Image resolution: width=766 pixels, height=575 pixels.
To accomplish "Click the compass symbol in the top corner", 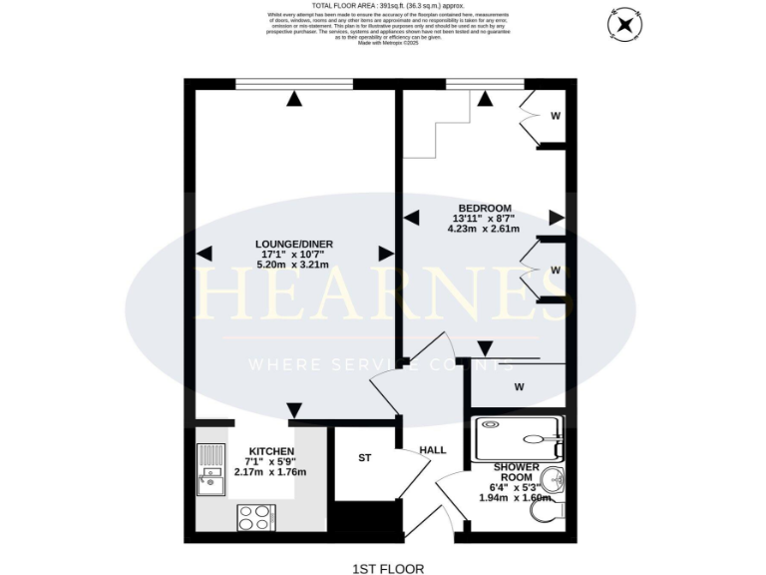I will (624, 24).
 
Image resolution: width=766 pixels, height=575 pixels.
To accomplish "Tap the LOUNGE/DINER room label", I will (293, 244).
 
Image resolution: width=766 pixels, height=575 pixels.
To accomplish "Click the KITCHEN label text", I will (270, 450).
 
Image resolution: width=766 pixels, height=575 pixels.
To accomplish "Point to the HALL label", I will (432, 450).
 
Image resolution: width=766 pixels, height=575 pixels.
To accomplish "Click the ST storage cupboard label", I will (365, 459).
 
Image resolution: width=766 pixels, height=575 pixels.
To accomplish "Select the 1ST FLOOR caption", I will (388, 568).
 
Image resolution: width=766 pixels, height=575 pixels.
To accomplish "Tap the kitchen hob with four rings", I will (256, 517).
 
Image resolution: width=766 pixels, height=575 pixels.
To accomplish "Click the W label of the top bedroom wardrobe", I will (556, 116).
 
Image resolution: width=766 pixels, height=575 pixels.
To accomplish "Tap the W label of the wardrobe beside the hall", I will (519, 386).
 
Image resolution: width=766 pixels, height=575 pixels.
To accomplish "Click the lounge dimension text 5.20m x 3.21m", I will (293, 265).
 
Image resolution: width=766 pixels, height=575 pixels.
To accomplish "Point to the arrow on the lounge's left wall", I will (203, 255).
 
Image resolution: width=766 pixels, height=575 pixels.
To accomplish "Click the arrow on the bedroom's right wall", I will (556, 218).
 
